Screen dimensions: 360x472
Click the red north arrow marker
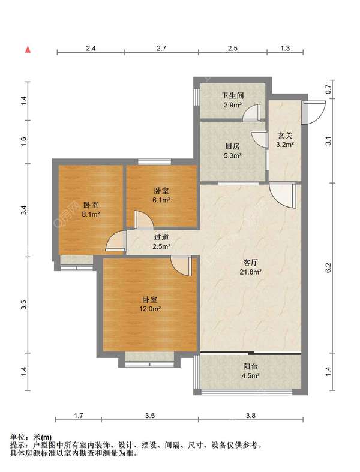pyautogui.click(x=28, y=50)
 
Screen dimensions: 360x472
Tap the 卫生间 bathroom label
pyautogui.click(x=233, y=96)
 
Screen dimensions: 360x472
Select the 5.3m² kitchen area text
pyautogui.click(x=233, y=155)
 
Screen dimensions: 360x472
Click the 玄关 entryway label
pyautogui.click(x=285, y=136)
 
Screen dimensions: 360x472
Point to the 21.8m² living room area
pyautogui.click(x=250, y=272)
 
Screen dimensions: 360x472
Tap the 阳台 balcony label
pyautogui.click(x=250, y=366)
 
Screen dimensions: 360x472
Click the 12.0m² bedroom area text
pyautogui.click(x=150, y=309)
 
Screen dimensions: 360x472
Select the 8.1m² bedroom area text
pyautogui.click(x=91, y=214)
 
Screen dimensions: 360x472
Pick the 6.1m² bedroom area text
pyautogui.click(x=161, y=200)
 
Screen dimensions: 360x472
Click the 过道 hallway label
pyautogui.click(x=161, y=237)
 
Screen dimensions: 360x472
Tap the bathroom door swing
pyautogui.click(x=252, y=113)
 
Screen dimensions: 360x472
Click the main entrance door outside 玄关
pyautogui.click(x=315, y=113)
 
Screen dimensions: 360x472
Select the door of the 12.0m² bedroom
pyautogui.click(x=181, y=266)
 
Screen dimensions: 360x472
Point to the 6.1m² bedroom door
pyautogui.click(x=143, y=220)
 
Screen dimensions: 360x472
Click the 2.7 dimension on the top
pyautogui.click(x=161, y=48)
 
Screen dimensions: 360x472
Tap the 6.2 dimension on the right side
pyautogui.click(x=328, y=268)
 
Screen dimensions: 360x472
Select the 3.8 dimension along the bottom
pyautogui.click(x=250, y=416)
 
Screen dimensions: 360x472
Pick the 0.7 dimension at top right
pyautogui.click(x=328, y=89)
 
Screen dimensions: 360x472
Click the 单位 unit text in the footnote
pyautogui.click(x=17, y=437)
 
